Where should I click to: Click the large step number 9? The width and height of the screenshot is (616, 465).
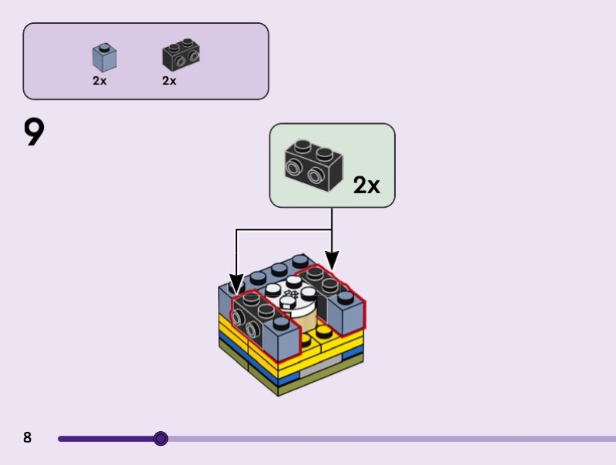pyautogui.click(x=34, y=132)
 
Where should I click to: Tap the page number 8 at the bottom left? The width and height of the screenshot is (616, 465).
pyautogui.click(x=28, y=438)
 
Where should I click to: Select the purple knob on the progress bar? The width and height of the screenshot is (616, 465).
pyautogui.click(x=160, y=439)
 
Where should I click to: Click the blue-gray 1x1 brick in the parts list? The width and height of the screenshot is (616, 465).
pyautogui.click(x=104, y=59)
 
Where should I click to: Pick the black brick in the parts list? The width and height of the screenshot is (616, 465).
pyautogui.click(x=181, y=55)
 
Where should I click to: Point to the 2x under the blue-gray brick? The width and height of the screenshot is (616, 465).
pyautogui.click(x=99, y=80)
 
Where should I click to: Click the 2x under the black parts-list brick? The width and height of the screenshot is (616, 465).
pyautogui.click(x=169, y=80)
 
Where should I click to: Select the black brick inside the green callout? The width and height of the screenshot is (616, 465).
pyautogui.click(x=313, y=164)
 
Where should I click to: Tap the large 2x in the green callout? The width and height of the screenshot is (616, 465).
pyautogui.click(x=367, y=185)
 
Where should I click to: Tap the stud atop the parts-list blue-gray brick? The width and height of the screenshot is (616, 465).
pyautogui.click(x=103, y=47)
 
